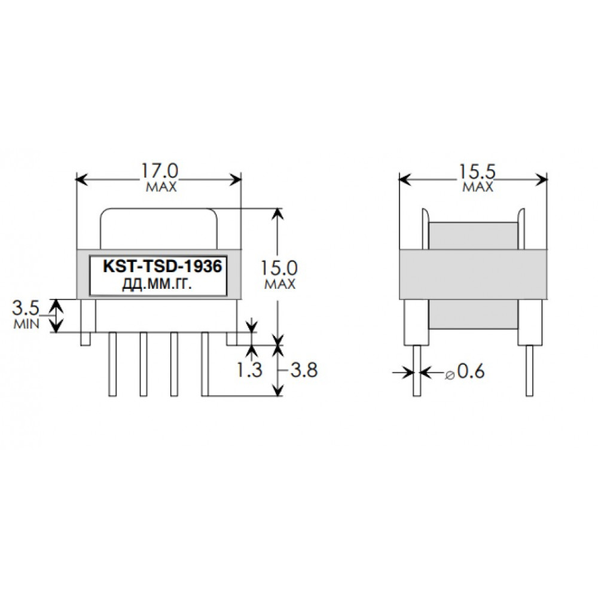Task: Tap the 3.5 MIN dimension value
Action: [x=26, y=309]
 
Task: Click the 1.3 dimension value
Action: [x=249, y=371]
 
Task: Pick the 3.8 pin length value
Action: [x=303, y=371]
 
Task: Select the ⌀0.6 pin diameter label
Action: [x=465, y=372]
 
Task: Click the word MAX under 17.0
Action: [x=161, y=187]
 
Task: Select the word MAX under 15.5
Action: [x=478, y=187]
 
